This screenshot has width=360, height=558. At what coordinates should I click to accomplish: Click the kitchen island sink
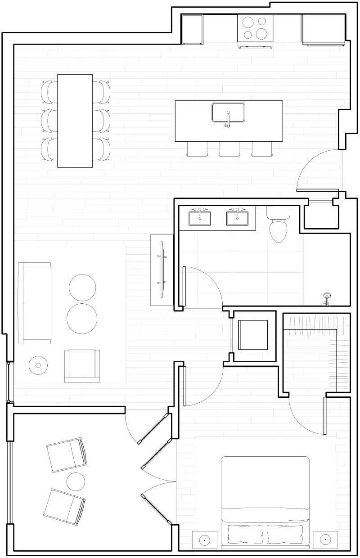click(228, 112)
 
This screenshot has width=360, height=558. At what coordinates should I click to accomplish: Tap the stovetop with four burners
click(255, 28)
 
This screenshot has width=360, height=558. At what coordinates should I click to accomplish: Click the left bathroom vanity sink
click(200, 218)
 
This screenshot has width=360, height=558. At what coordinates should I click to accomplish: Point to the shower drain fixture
click(327, 297)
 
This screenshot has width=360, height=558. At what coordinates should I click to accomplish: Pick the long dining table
click(75, 121)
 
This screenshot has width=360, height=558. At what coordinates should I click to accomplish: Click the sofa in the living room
click(34, 303)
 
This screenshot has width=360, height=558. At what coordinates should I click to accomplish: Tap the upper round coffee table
click(82, 287)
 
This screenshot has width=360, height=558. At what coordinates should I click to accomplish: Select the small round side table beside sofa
click(38, 364)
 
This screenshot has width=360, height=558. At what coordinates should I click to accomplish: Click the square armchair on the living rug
click(82, 365)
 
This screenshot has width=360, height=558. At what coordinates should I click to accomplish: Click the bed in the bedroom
click(265, 499)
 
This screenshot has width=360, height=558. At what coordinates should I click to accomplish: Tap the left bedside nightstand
click(205, 539)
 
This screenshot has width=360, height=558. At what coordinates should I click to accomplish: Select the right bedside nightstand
click(325, 539)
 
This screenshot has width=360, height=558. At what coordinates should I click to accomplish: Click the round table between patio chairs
click(76, 481)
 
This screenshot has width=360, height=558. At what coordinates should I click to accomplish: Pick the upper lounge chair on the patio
click(67, 454)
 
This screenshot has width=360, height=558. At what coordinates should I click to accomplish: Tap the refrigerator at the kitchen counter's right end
click(324, 29)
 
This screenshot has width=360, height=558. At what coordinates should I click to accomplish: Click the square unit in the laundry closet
click(253, 334)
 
